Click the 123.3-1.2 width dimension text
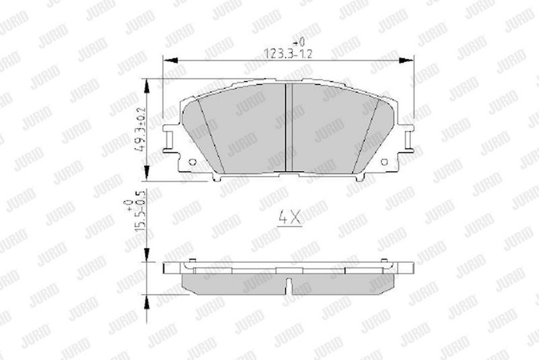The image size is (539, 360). [x=288, y=54]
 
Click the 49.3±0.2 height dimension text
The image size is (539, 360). [x=141, y=130]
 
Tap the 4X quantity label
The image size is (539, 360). [x=290, y=218]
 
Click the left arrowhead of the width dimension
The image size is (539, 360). [x=170, y=61]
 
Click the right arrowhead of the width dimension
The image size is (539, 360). [x=406, y=61]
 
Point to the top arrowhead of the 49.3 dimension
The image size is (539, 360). [x=147, y=86]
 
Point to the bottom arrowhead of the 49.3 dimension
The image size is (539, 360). [x=147, y=173]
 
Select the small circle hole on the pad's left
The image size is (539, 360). [x=193, y=162]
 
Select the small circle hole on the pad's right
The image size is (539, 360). [x=384, y=162]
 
